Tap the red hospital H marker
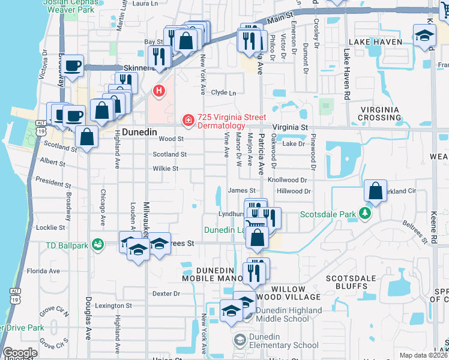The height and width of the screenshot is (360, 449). click(159, 91)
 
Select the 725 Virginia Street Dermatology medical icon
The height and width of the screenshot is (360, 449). click(188, 121)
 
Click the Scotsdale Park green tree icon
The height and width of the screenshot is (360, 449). click(364, 213)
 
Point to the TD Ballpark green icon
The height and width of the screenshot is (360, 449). click(98, 245)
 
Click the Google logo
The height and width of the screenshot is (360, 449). click(20, 353)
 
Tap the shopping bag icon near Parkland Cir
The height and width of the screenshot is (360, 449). click(375, 192)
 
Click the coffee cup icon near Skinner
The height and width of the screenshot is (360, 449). click(73, 65)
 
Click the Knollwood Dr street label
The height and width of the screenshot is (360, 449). click(288, 179)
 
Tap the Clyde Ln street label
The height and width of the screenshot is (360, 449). click(223, 93)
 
